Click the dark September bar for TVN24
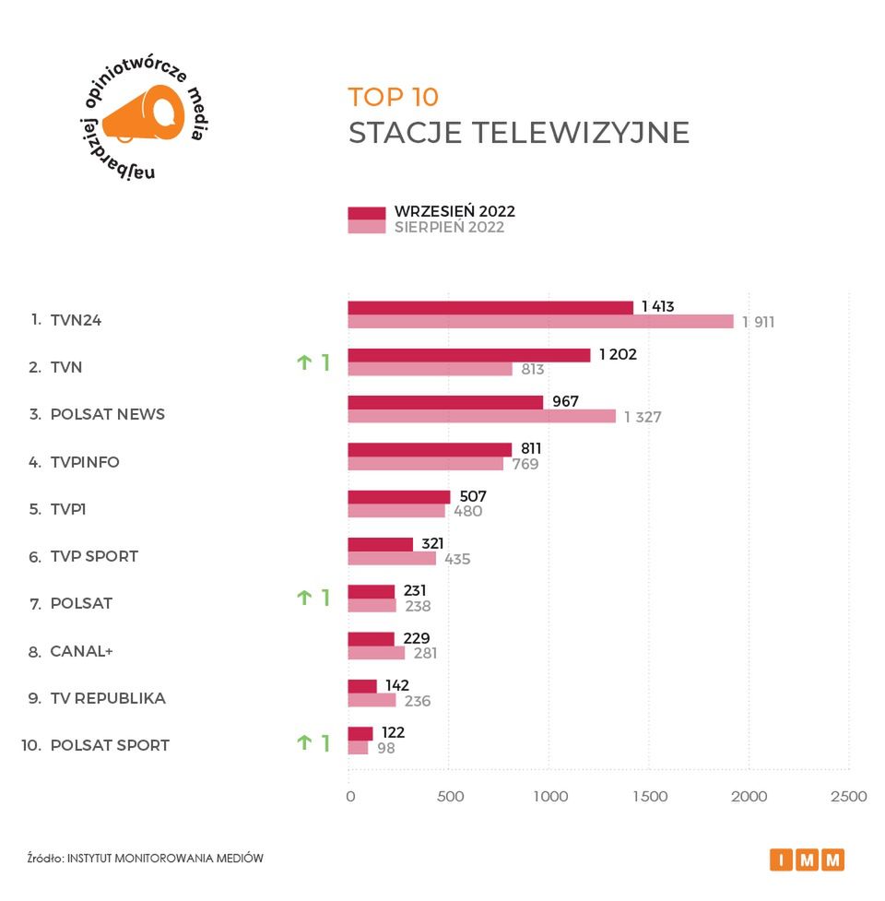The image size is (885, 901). click(490, 308)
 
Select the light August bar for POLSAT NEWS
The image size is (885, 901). click(481, 417)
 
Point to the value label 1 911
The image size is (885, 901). click(758, 322)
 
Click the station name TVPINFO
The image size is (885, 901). click(85, 462)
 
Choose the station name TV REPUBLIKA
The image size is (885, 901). click(108, 698)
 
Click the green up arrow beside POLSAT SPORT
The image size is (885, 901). click(304, 742)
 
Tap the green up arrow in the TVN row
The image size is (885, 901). click(304, 363)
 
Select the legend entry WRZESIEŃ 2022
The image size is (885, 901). click(454, 212)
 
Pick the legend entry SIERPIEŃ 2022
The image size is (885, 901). click(449, 228)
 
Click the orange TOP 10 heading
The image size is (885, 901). click(394, 97)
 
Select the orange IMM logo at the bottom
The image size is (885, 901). click(807, 860)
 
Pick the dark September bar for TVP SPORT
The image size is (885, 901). click(380, 544)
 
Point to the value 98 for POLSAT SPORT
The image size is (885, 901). click(385, 748)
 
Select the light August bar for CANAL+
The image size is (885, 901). click(376, 653)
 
